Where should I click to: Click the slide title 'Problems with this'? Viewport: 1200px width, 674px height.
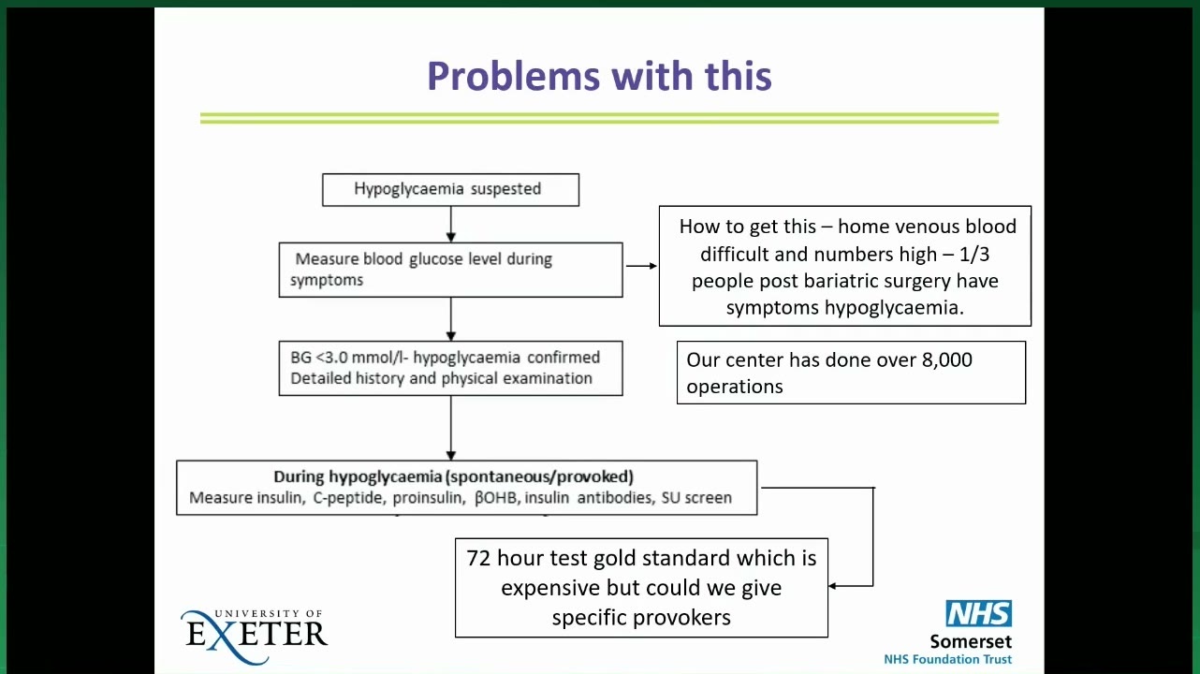point(599,76)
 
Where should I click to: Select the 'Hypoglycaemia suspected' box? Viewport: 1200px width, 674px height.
point(450,190)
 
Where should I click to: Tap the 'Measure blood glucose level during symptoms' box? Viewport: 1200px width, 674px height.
point(450,270)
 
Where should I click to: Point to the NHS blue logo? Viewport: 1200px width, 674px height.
point(979,613)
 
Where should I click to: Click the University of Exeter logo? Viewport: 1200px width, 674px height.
point(254,636)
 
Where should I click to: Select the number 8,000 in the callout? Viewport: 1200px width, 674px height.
point(946,360)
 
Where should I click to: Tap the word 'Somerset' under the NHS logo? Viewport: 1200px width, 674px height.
point(971,641)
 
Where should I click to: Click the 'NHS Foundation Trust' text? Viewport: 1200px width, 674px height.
point(947,659)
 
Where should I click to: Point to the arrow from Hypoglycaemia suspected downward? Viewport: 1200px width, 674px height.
point(450,224)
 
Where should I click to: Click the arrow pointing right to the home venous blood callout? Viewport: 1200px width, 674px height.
point(641,266)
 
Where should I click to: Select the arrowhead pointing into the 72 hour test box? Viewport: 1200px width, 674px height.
point(832,586)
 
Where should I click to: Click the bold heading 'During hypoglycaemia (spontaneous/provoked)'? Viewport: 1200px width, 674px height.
point(453,476)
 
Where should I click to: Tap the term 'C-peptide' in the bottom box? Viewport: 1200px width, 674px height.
point(348,498)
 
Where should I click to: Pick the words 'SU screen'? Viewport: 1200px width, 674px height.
point(696,498)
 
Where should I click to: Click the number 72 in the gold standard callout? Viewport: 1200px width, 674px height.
point(478,558)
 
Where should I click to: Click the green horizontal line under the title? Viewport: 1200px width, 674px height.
point(599,118)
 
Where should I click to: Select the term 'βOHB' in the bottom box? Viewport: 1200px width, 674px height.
point(496,498)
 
